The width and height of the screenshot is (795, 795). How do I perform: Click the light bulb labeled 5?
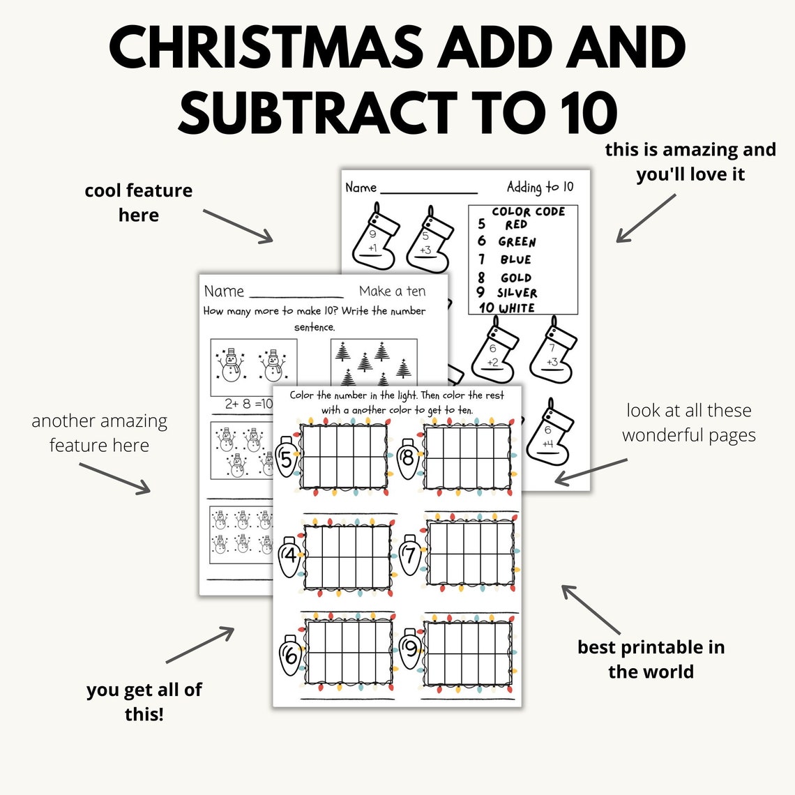pyautogui.click(x=286, y=458)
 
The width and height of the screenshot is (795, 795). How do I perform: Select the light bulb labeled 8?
pyautogui.click(x=408, y=458)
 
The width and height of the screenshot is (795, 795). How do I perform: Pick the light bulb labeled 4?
pyautogui.click(x=290, y=557)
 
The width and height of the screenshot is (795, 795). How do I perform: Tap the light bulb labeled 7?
pyautogui.click(x=410, y=556)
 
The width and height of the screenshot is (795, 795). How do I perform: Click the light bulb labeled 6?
pyautogui.click(x=290, y=655)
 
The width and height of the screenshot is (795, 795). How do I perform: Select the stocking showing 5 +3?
pyautogui.click(x=427, y=240)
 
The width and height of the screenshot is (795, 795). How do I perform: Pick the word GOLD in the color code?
pyautogui.click(x=515, y=278)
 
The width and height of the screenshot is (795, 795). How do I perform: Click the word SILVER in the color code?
pyautogui.click(x=517, y=293)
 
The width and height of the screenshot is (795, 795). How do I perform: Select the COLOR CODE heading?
pyautogui.click(x=528, y=211)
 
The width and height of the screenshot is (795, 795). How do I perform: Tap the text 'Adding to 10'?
pyautogui.click(x=540, y=187)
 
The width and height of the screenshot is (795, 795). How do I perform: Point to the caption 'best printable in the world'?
pyautogui.click(x=651, y=659)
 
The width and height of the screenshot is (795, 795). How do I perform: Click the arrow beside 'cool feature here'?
pyautogui.click(x=238, y=225)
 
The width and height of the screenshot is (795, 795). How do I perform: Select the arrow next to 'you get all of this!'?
pyautogui.click(x=199, y=645)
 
